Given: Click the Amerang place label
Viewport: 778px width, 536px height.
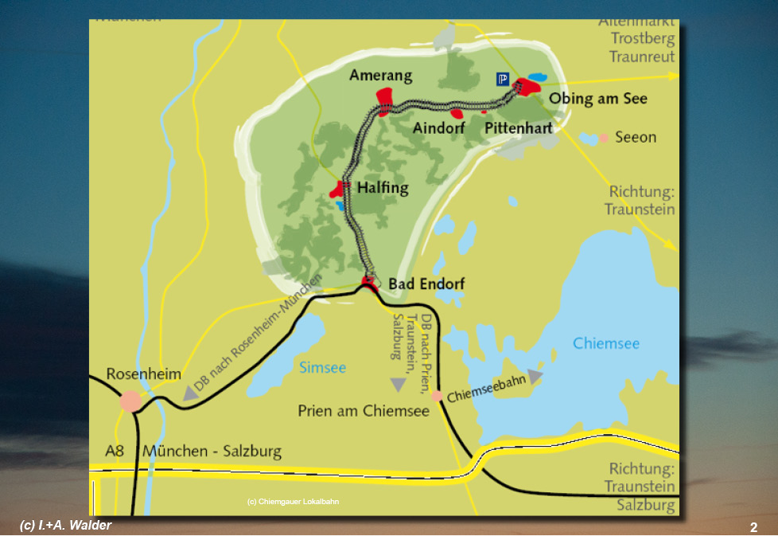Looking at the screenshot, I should pyautogui.click(x=380, y=76).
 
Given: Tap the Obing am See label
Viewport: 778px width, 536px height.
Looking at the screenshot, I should pyautogui.click(x=598, y=99).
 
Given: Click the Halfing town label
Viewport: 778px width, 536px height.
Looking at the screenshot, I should pyautogui.click(x=383, y=188).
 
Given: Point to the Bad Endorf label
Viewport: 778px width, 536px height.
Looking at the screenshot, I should pyautogui.click(x=426, y=284).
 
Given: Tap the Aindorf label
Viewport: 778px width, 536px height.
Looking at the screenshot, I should pyautogui.click(x=438, y=127).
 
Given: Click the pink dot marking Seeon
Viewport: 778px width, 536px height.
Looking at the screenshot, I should pyautogui.click(x=604, y=138).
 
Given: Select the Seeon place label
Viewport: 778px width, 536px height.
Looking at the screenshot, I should pyautogui.click(x=636, y=137).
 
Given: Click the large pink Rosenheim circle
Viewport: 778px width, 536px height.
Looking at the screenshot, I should pyautogui.click(x=131, y=401).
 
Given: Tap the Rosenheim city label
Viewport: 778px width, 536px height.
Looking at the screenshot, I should pyautogui.click(x=143, y=374).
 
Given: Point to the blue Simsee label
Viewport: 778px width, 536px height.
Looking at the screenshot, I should pyautogui.click(x=322, y=367).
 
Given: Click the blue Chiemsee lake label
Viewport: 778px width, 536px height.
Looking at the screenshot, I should pyautogui.click(x=606, y=343).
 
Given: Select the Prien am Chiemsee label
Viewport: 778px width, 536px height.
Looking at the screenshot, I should pyautogui.click(x=364, y=411).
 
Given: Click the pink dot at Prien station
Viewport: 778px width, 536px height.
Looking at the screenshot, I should pyautogui.click(x=437, y=395).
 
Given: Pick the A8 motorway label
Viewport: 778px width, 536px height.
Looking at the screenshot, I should pyautogui.click(x=115, y=452).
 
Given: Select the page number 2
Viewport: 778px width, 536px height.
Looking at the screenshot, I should pyautogui.click(x=753, y=527).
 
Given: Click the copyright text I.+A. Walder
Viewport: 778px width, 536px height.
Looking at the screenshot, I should pyautogui.click(x=65, y=524).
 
